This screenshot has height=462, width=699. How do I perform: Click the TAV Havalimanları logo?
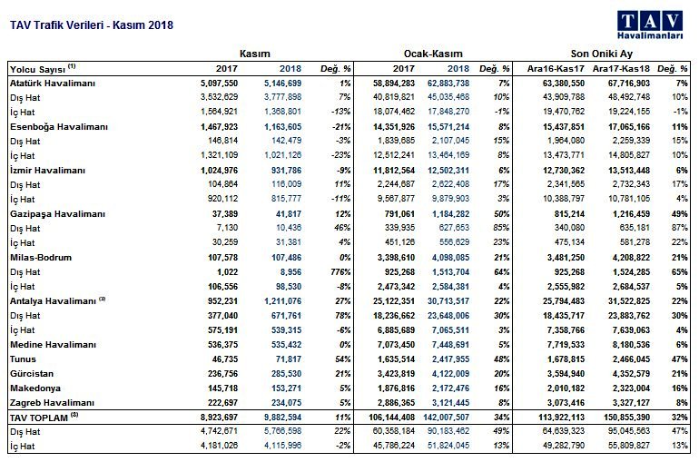(x=650, y=25)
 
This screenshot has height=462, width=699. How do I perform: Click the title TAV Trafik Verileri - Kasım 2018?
(x=92, y=25)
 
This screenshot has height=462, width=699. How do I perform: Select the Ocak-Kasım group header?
(x=433, y=54)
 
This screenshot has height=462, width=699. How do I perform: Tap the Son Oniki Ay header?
(x=601, y=54)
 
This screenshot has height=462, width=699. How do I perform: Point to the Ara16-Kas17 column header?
(x=556, y=69)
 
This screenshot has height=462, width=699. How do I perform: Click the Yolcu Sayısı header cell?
(x=43, y=69)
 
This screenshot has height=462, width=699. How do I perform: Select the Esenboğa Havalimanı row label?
(x=59, y=127)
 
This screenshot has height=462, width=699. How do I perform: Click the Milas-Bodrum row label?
(x=41, y=258)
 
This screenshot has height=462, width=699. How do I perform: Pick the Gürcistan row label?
(x=32, y=374)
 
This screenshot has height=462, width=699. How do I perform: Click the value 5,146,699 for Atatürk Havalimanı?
(x=282, y=84)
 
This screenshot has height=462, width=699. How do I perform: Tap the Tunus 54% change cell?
(x=342, y=359)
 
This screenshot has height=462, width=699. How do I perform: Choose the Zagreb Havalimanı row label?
(x=52, y=403)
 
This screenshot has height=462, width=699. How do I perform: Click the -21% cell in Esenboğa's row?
(x=341, y=127)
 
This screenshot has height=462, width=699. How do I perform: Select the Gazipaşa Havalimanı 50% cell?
(x=501, y=214)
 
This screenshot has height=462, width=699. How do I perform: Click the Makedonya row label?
(x=35, y=388)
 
